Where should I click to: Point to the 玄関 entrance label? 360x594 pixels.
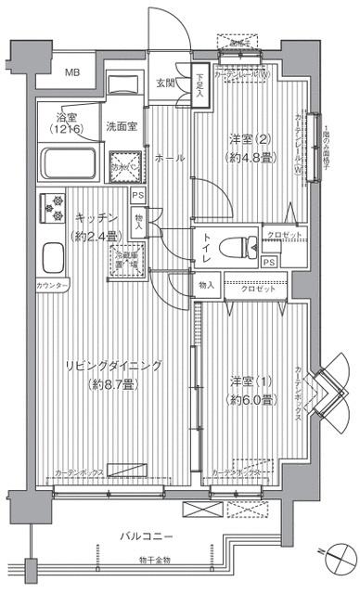point(165,83)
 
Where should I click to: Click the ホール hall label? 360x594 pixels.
point(167,159)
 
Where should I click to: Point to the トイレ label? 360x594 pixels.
point(205,246)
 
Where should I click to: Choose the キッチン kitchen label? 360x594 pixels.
point(94,217)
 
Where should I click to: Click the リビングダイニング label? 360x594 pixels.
point(112,365)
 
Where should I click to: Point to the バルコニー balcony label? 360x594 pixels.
point(149,536)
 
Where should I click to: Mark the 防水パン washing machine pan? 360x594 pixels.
point(123,167)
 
